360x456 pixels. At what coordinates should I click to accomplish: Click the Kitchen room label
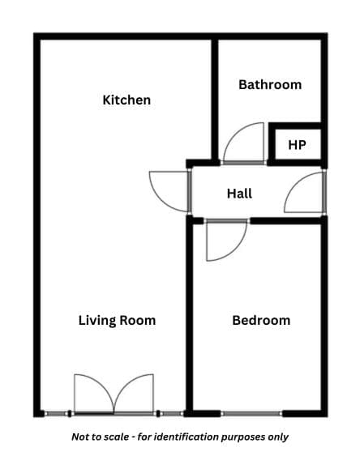click(x=126, y=100)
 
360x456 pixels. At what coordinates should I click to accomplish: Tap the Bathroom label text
click(x=270, y=85)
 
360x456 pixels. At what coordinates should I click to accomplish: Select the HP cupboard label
click(x=297, y=145)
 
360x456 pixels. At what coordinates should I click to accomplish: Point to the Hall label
click(x=239, y=194)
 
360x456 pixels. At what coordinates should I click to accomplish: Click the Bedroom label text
click(x=261, y=321)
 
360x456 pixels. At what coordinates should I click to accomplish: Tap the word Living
click(x=97, y=321)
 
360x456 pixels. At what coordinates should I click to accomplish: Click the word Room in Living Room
click(x=138, y=321)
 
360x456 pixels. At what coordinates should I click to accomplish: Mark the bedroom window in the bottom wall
click(x=251, y=414)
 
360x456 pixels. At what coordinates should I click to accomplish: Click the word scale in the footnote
click(x=117, y=437)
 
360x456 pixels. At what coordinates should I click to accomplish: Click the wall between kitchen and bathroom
click(x=215, y=99)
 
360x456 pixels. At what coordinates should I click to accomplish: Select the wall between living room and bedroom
click(x=189, y=317)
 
